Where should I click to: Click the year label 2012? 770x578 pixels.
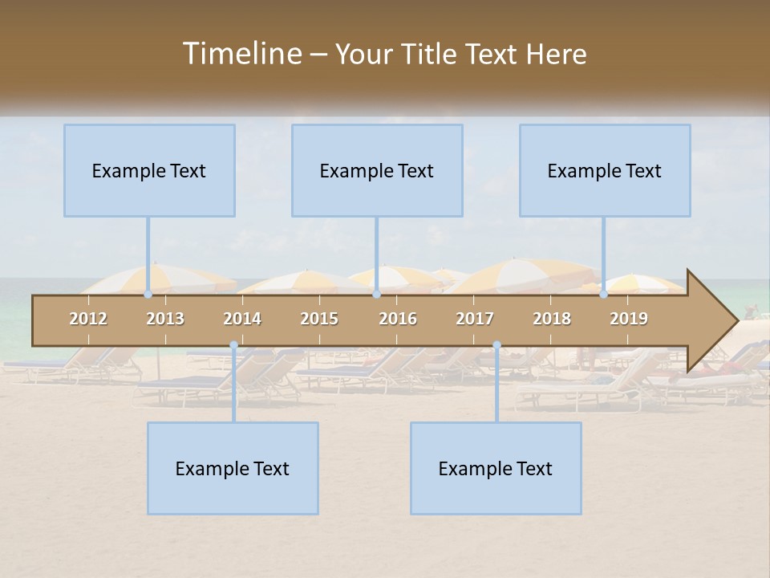(x=88, y=320)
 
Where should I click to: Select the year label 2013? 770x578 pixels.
(x=165, y=320)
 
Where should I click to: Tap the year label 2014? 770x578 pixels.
(x=242, y=320)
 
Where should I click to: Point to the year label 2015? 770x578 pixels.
(x=319, y=320)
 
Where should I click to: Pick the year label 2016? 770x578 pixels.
(x=398, y=320)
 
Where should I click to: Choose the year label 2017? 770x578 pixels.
(x=475, y=320)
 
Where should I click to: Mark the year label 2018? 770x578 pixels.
(x=552, y=320)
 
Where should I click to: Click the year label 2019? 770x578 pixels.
(x=629, y=320)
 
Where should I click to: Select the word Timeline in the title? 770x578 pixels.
(x=241, y=54)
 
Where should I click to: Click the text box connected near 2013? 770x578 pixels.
(x=149, y=170)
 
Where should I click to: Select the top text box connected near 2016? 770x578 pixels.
(x=377, y=170)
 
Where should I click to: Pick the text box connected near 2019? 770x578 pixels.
(x=605, y=170)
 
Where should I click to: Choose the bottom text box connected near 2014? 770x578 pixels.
(x=233, y=468)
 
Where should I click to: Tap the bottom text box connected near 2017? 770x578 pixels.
(x=496, y=468)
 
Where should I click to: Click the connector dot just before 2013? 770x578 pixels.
(x=148, y=295)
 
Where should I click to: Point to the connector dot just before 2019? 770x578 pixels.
(x=604, y=295)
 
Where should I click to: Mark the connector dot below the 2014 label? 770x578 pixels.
(x=233, y=345)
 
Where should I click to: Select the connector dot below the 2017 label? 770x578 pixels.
(x=496, y=345)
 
